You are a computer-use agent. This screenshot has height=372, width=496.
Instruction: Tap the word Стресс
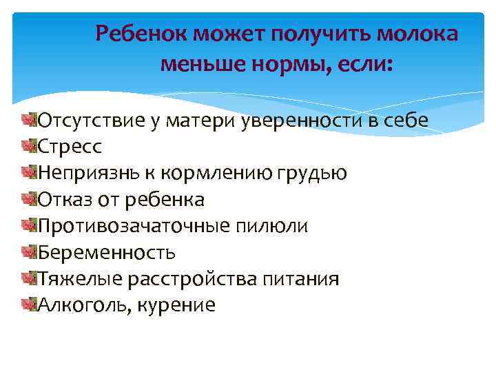click(x=70, y=147)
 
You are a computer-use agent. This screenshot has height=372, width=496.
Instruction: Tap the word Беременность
click(x=107, y=253)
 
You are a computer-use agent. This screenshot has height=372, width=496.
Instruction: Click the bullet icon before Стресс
click(x=28, y=146)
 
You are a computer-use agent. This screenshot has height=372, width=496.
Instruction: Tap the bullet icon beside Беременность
click(x=28, y=251)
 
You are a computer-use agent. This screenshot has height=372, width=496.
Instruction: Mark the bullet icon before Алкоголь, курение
click(x=28, y=304)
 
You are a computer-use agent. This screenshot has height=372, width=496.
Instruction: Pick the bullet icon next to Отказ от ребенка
click(x=28, y=199)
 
